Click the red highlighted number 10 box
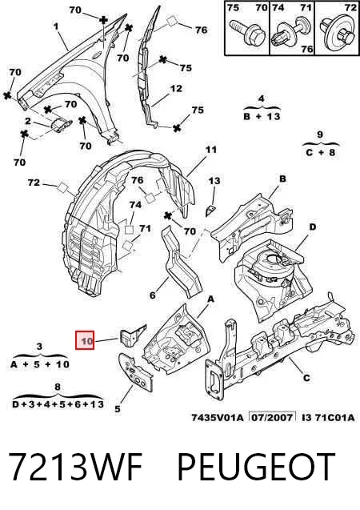[x=85, y=340]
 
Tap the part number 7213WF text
[x=75, y=467]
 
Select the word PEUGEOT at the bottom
[x=256, y=467]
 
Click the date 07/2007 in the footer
[x=272, y=417]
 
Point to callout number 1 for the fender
[x=56, y=26]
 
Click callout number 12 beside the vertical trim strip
[x=176, y=88]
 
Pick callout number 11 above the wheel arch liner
[x=211, y=150]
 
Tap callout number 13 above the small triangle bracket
[x=214, y=180]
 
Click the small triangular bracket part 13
[x=210, y=210]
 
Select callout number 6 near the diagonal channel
[x=153, y=295]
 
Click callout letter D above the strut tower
[x=312, y=227]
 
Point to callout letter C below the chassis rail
[x=306, y=378]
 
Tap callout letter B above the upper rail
[x=282, y=179]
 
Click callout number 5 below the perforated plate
[x=118, y=409]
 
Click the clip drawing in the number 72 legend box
[x=337, y=34]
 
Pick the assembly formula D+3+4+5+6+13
[x=58, y=404]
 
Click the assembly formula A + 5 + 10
[x=40, y=364]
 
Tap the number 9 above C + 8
[x=320, y=134]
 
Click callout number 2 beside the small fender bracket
[x=28, y=122]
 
